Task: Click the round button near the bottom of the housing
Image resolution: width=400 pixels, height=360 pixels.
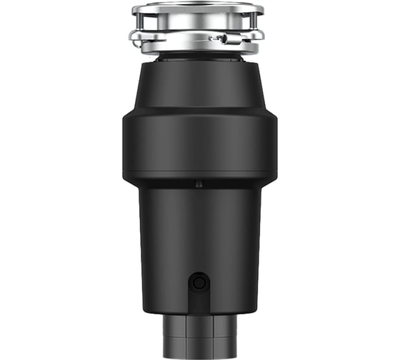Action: coord(199,283)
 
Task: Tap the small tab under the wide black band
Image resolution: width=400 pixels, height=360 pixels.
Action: coord(199,184)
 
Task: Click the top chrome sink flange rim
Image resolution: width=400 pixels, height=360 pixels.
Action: coord(198,9)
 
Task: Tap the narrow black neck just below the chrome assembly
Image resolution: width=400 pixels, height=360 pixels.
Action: coord(198,57)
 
